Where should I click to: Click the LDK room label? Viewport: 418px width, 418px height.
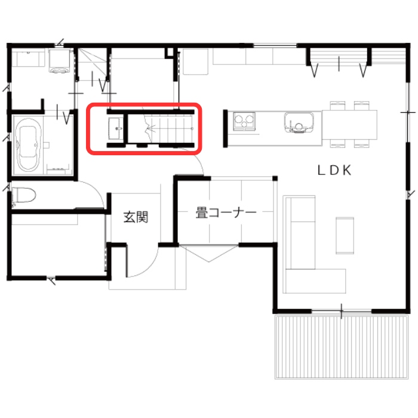(334, 170)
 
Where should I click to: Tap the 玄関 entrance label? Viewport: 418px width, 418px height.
(136, 217)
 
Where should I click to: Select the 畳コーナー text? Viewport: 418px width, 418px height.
(226, 213)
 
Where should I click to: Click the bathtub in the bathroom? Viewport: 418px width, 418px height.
(29, 145)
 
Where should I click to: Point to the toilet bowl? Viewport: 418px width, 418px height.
(24, 196)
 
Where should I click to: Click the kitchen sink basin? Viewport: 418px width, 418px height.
(299, 122)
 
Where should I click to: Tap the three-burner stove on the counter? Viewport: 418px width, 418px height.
(244, 121)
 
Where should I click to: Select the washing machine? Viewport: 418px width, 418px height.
(60, 61)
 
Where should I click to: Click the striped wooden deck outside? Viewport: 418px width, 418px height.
(342, 347)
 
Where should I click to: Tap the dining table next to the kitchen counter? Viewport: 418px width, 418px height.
(349, 125)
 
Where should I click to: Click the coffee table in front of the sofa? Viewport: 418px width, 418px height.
(345, 235)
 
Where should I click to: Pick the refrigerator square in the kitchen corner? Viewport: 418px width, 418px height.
(195, 62)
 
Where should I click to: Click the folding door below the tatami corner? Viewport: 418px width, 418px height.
(209, 254)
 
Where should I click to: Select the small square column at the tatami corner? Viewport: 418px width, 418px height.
(275, 179)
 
